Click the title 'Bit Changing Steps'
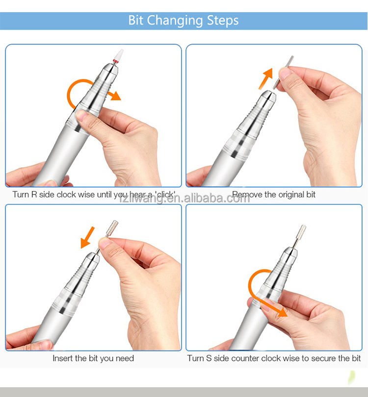184,20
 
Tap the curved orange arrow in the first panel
86,93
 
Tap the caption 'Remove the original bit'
274,195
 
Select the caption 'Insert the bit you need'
93,358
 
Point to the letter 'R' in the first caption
34,195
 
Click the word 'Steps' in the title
222,20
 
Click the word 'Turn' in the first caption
21,195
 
